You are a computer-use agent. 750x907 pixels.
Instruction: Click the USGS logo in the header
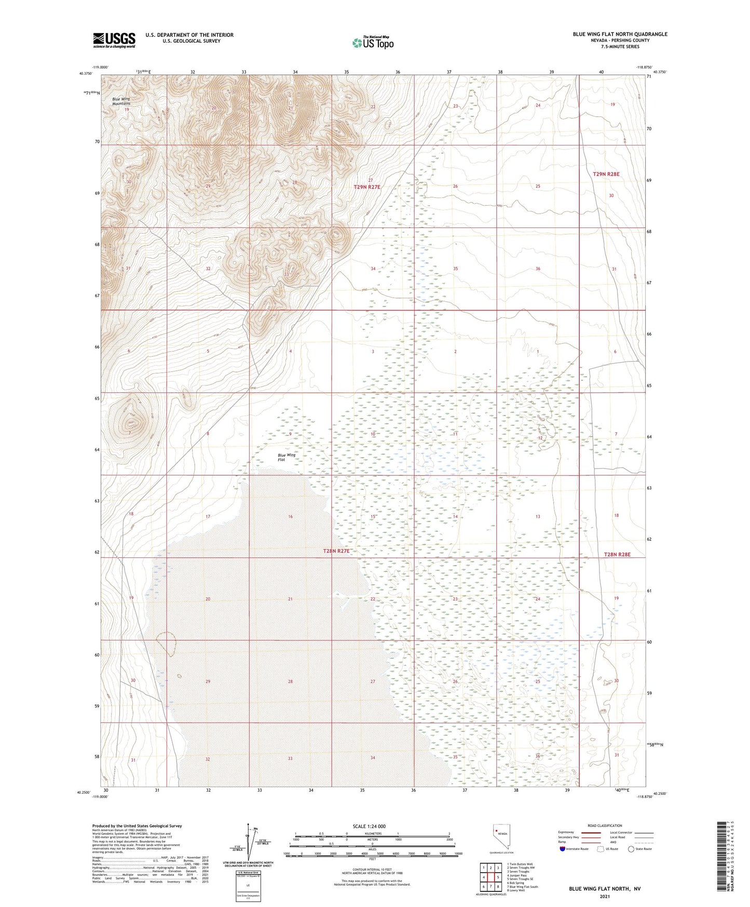pyautogui.click(x=114, y=40)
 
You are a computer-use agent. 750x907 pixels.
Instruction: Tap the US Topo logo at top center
pyautogui.click(x=373, y=43)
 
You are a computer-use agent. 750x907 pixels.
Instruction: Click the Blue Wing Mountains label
pyautogui.click(x=121, y=101)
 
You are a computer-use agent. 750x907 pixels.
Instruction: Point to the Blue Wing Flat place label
pyautogui.click(x=287, y=457)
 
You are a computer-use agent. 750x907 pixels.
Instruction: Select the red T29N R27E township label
pyautogui.click(x=367, y=186)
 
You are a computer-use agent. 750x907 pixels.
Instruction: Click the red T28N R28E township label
pyautogui.click(x=617, y=554)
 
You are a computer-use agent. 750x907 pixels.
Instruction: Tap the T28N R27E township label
pyautogui.click(x=337, y=551)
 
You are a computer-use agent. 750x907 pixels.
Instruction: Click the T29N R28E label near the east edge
pyautogui.click(x=606, y=175)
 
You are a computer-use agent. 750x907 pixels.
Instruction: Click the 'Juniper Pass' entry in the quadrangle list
pyautogui.click(x=517, y=875)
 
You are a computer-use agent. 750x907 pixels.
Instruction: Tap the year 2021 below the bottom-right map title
pyautogui.click(x=605, y=897)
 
